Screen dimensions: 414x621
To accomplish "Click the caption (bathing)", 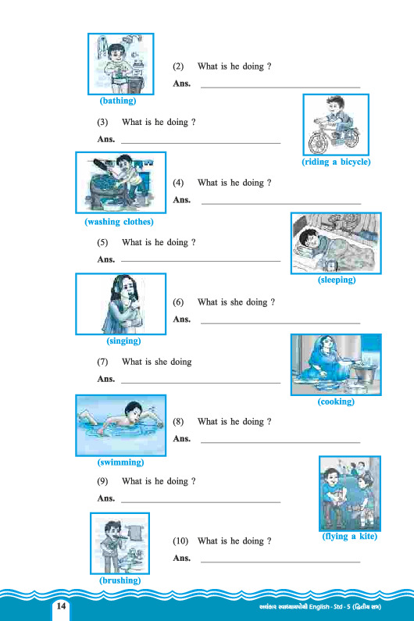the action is click(x=118, y=101).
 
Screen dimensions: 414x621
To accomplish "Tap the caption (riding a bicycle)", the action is click(x=336, y=162).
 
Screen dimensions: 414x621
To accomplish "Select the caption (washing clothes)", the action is click(x=119, y=222).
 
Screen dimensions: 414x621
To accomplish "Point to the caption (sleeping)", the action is click(x=337, y=280).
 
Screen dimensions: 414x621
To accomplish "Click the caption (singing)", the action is click(x=123, y=341).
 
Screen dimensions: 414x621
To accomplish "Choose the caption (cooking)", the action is click(x=336, y=402).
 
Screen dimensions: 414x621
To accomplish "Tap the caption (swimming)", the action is click(x=121, y=462).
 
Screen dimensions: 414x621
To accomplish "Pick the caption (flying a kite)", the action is click(x=349, y=536).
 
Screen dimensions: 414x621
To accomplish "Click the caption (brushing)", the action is click(x=120, y=580).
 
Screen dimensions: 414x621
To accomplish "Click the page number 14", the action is click(x=61, y=605).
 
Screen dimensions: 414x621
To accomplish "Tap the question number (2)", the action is click(x=178, y=66).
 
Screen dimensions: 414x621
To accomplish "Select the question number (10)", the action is click(x=180, y=541).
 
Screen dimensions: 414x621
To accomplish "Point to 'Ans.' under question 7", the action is click(x=105, y=379).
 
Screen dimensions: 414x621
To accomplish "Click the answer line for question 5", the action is click(x=201, y=262).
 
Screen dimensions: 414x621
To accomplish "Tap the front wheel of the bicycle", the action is click(x=319, y=142).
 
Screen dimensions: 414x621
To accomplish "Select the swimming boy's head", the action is click(x=134, y=411).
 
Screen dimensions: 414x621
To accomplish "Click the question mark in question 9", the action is click(x=194, y=481).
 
